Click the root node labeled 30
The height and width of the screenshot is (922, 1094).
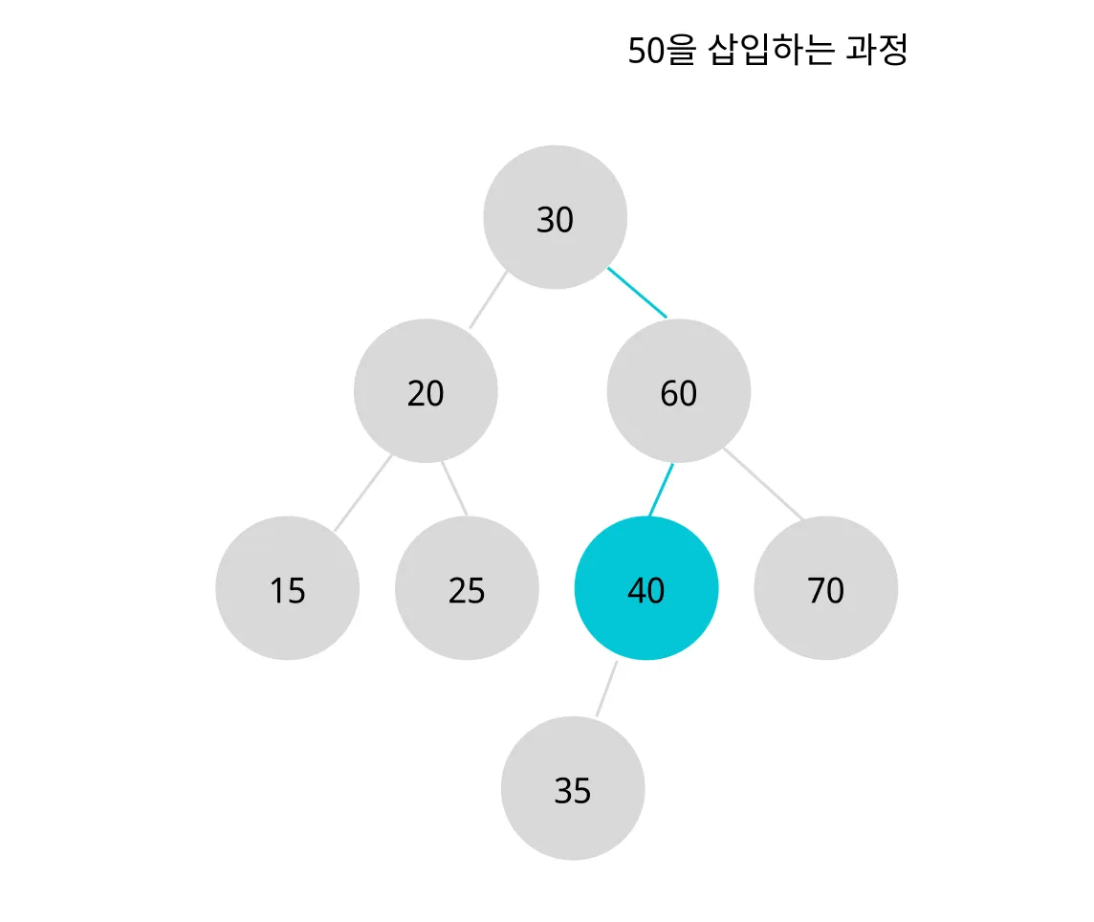555,217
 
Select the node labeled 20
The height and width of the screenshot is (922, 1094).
426,391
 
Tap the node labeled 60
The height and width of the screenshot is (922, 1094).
678,391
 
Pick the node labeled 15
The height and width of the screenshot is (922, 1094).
287,588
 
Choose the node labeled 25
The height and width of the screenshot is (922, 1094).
467,588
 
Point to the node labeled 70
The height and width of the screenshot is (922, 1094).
825,588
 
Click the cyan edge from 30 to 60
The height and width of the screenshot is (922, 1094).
637,292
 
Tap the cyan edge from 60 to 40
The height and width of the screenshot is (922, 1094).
661,491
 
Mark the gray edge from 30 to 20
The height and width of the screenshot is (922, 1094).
488,299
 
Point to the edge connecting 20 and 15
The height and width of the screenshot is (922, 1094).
362,494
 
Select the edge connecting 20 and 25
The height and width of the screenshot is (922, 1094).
454,489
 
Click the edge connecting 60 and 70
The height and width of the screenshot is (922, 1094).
763,484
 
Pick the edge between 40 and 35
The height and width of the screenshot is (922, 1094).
606,689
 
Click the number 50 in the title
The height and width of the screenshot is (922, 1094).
645,52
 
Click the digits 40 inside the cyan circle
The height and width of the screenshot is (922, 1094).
645,592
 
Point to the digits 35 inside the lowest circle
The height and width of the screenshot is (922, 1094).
572,791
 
